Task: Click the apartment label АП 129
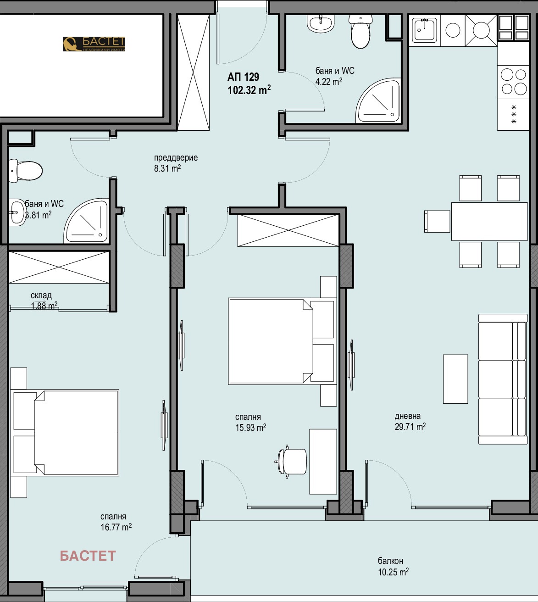(243, 77)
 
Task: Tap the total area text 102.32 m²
(249, 90)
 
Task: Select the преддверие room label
(176, 157)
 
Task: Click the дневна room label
(408, 416)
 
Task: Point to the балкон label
(390, 561)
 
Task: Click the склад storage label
(41, 295)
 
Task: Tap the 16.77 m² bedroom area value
(116, 527)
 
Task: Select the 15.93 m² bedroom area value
(250, 427)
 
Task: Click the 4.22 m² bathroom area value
(328, 81)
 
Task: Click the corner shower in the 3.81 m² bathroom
(86, 221)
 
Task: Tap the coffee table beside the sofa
(455, 379)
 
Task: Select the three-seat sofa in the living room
(503, 379)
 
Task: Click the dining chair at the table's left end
(437, 221)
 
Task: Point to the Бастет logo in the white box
(94, 44)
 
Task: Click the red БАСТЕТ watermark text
(88, 556)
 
